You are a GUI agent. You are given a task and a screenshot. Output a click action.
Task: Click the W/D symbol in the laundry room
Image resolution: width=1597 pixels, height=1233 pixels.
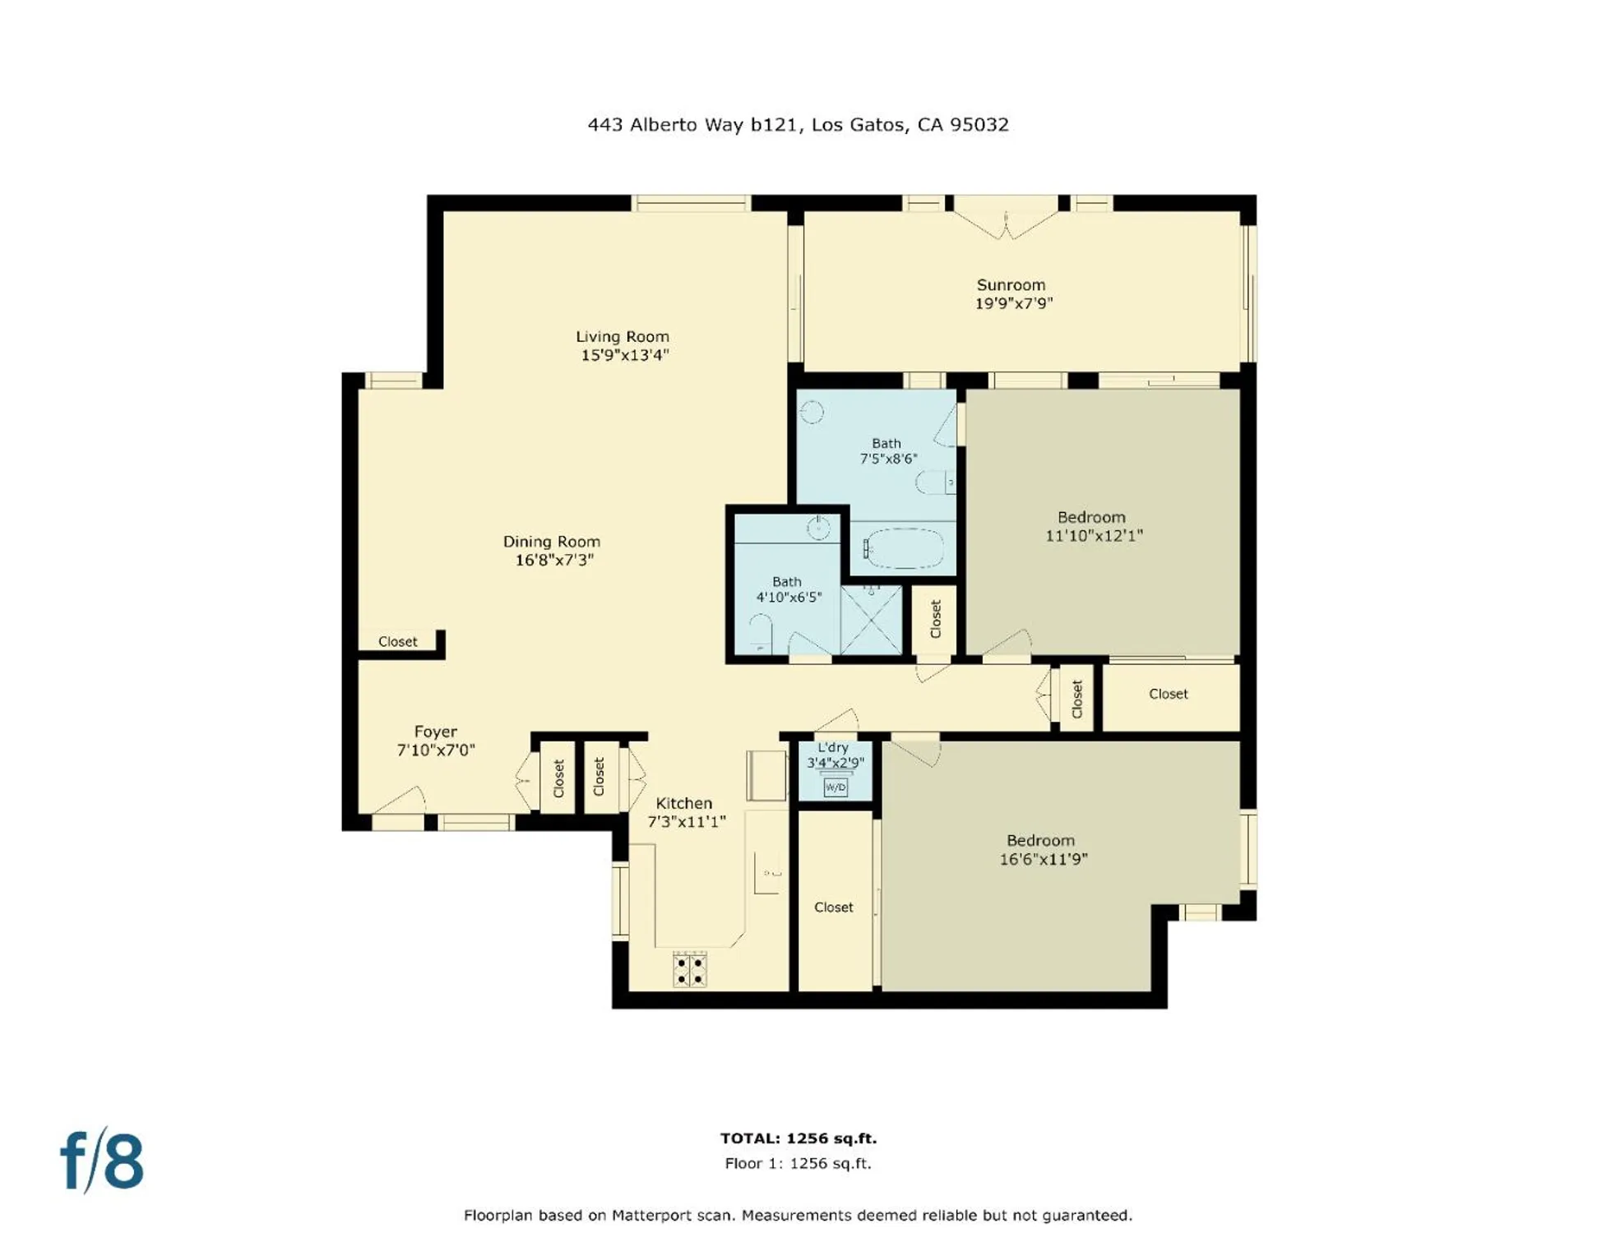[x=835, y=787]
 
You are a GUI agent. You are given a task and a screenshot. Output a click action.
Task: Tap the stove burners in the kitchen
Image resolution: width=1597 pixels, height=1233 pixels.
[x=689, y=968]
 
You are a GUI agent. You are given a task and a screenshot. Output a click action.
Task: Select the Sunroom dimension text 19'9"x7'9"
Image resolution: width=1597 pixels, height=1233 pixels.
[x=1013, y=303]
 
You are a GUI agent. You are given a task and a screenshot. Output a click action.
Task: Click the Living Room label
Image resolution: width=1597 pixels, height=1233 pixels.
[x=622, y=336]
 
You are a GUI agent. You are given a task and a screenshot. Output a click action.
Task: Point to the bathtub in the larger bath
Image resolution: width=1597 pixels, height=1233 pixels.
[x=904, y=547]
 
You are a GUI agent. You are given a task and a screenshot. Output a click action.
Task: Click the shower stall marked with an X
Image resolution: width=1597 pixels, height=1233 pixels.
[x=871, y=620]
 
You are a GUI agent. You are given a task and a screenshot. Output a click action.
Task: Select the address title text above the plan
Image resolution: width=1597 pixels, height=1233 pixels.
[x=798, y=125]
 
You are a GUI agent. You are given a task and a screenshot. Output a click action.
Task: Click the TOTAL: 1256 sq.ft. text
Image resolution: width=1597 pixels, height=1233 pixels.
[x=798, y=1138]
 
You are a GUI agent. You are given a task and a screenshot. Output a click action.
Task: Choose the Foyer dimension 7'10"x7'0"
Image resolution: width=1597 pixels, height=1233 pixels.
[x=435, y=750]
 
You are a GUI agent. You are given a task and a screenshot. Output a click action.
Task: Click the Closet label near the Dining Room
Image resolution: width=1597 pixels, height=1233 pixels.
[x=397, y=642]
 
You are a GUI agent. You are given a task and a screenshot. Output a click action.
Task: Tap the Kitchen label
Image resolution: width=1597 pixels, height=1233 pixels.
[x=683, y=803]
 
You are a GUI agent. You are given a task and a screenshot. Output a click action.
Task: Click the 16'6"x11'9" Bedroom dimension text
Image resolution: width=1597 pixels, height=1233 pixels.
[x=1043, y=859]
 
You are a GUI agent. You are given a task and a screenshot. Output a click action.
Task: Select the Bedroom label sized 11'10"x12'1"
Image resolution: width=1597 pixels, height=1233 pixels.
[x=1090, y=517]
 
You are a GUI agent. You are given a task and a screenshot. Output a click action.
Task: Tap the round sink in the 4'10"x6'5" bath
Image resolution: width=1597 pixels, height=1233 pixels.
[x=817, y=528]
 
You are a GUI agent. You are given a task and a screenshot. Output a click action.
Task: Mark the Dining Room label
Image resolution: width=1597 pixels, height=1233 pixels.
[x=551, y=542]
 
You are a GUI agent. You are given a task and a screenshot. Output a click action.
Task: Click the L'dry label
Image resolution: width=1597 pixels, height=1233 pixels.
[x=832, y=747]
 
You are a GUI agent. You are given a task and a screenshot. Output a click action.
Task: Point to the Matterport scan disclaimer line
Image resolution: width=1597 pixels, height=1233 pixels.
[x=798, y=1215]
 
